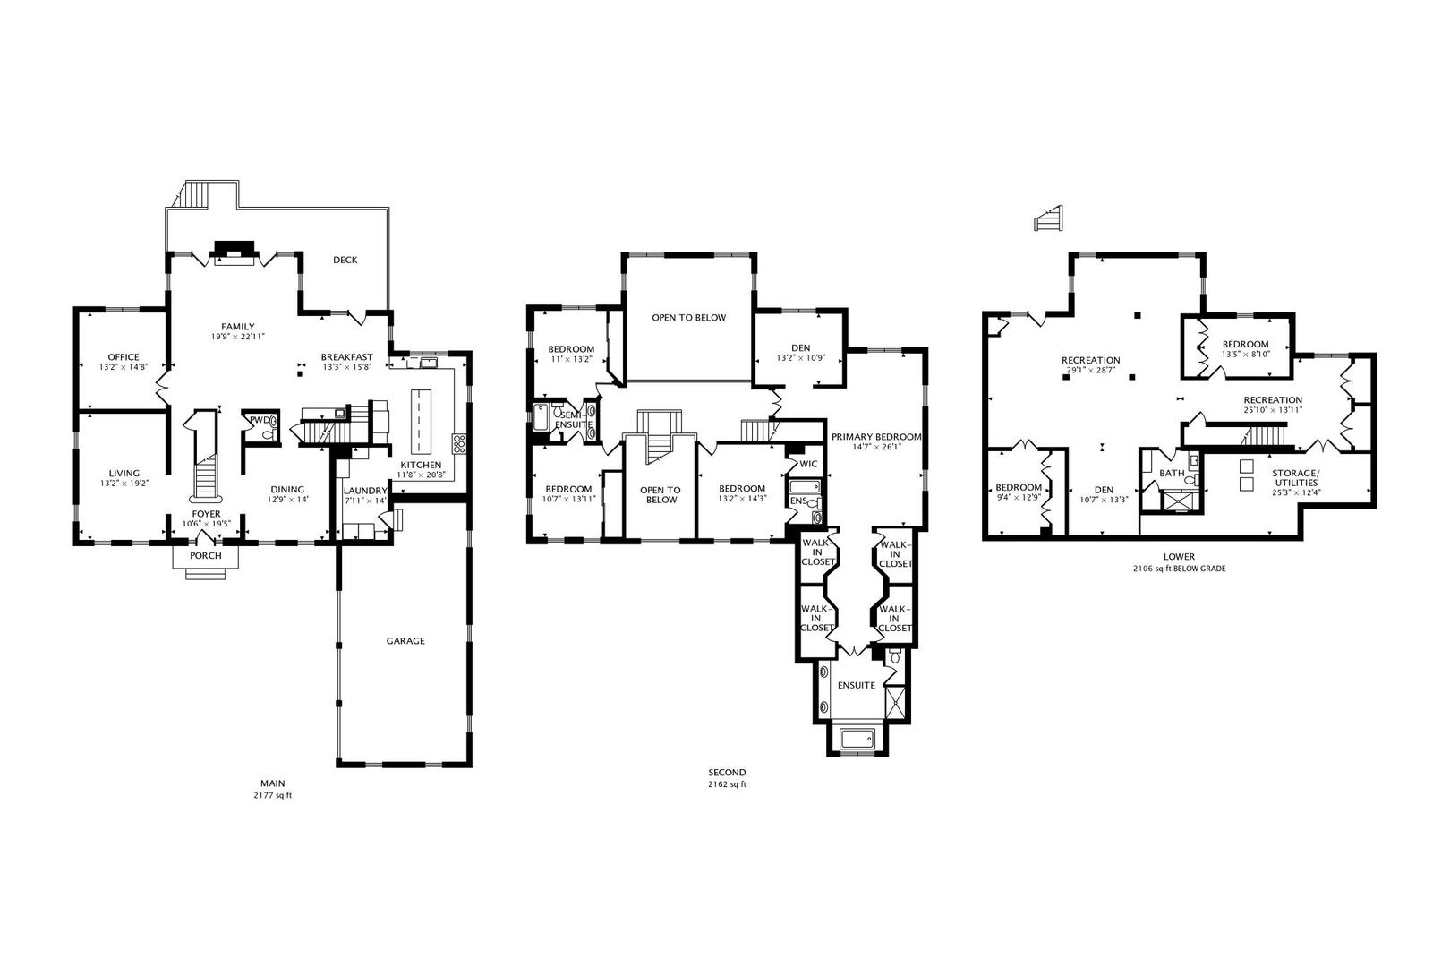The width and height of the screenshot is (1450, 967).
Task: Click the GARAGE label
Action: [x=405, y=641]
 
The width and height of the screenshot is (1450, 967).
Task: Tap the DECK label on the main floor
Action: [x=345, y=261]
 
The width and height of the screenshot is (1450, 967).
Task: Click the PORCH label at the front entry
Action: [x=205, y=556]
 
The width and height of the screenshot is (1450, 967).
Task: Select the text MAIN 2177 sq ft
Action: [x=272, y=789]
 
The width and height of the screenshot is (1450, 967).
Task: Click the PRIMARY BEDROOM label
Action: [x=875, y=437]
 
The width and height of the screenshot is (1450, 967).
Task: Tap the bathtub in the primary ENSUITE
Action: [x=857, y=739]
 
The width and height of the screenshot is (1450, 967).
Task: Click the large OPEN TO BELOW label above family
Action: [x=688, y=318]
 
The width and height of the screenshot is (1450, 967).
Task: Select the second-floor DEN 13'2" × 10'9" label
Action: [x=800, y=354]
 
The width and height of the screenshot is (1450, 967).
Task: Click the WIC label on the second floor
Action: [x=808, y=464]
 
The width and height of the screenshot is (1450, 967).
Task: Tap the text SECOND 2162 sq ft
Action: [x=726, y=778]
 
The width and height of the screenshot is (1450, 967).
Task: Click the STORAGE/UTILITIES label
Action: [x=1295, y=477]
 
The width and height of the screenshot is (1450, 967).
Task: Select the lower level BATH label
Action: [x=1171, y=473]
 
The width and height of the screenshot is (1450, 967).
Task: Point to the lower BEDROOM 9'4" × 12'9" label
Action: [x=1019, y=492]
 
